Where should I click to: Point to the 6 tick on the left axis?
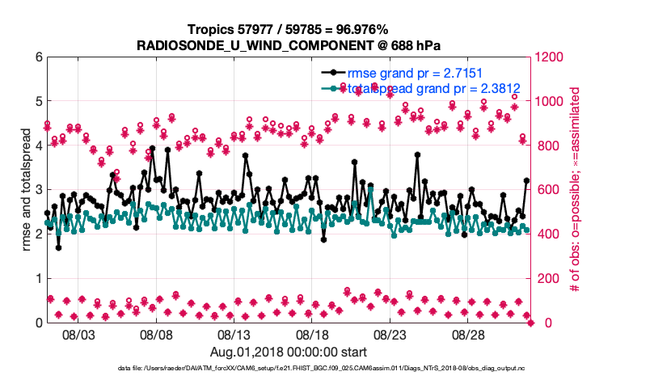(38, 57)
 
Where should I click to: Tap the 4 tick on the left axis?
(38, 146)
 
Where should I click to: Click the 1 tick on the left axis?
(38, 278)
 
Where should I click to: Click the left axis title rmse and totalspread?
(27, 190)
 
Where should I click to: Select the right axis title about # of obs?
(576, 190)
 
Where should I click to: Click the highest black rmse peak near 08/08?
(152, 149)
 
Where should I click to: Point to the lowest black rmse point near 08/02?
(58, 247)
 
